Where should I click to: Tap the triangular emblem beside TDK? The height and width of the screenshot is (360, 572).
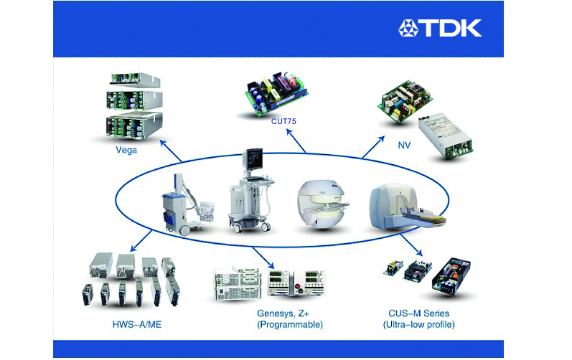(408, 29)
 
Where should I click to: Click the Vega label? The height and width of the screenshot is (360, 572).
(126, 150)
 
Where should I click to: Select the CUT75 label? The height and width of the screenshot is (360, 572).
(283, 121)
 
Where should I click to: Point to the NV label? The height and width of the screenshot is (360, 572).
(404, 146)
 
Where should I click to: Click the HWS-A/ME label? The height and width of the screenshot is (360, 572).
(137, 325)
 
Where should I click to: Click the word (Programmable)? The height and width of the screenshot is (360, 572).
(290, 325)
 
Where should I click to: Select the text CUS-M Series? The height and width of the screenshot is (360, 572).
(419, 313)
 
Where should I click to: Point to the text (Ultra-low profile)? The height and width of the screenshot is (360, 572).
(419, 325)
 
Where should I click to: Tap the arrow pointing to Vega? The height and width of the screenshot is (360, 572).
(171, 151)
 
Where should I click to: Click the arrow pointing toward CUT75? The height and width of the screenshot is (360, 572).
(296, 141)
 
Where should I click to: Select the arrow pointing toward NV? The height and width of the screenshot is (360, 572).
(373, 147)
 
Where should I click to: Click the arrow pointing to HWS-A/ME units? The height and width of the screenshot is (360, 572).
(141, 240)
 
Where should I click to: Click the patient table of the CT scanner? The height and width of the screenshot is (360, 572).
(424, 217)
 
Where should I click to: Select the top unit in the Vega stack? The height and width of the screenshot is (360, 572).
(135, 80)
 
